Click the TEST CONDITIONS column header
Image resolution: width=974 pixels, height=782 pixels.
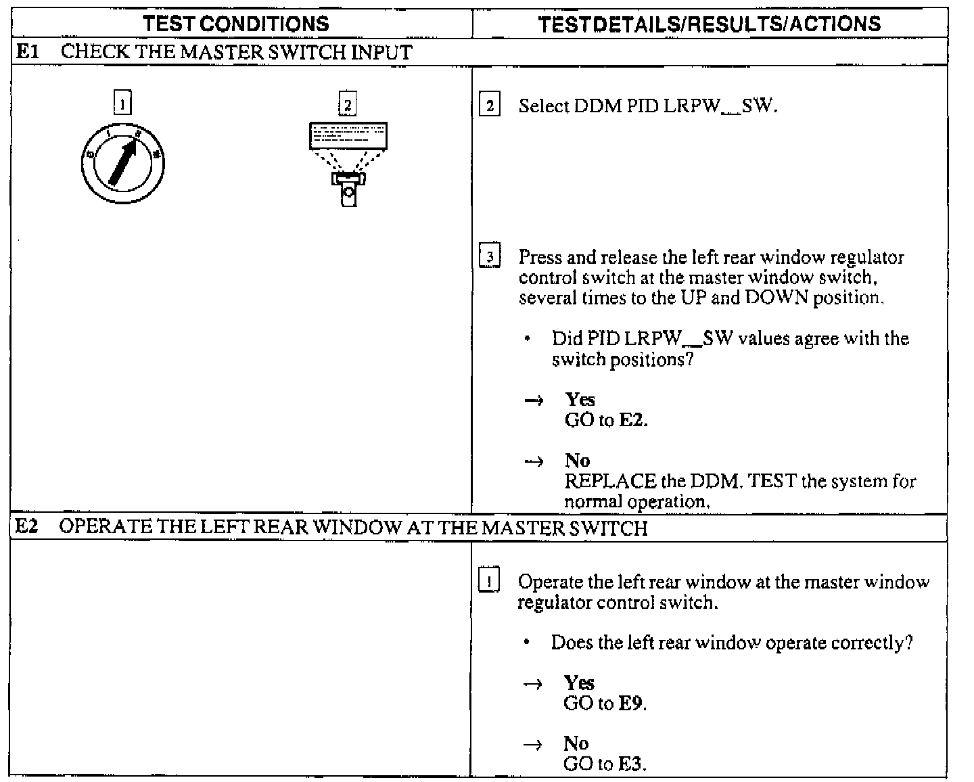(x=236, y=24)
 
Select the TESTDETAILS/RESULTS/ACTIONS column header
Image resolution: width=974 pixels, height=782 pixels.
(x=710, y=24)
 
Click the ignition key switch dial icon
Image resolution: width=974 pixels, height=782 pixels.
(x=122, y=162)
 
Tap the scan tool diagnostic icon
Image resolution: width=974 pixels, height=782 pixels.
(x=348, y=163)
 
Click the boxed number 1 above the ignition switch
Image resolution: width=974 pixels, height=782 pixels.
(x=122, y=104)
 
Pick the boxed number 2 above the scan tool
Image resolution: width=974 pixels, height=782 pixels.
(x=347, y=105)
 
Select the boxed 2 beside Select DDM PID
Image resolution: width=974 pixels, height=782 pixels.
(x=489, y=106)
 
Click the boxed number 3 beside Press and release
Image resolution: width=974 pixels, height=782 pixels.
(x=490, y=257)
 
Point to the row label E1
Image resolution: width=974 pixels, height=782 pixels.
(x=28, y=52)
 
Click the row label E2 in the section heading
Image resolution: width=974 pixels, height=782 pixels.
(x=28, y=527)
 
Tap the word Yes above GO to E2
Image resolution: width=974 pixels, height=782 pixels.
(x=580, y=399)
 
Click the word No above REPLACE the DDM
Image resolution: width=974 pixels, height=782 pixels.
(x=577, y=461)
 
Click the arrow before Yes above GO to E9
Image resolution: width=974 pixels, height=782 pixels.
(x=533, y=684)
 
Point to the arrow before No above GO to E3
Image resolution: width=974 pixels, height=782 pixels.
(x=533, y=745)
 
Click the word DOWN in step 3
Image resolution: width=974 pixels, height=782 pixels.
(x=776, y=298)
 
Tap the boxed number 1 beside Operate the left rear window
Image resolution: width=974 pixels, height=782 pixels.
(x=488, y=581)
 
